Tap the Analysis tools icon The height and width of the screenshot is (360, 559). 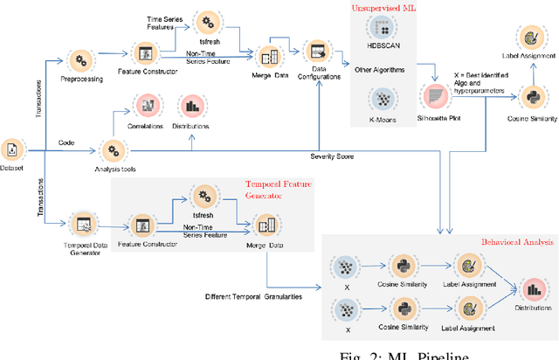click(x=114, y=149)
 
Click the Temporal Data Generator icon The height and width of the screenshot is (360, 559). click(x=84, y=223)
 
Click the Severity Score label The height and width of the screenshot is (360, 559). click(x=331, y=156)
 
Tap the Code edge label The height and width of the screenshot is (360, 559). click(x=66, y=142)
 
